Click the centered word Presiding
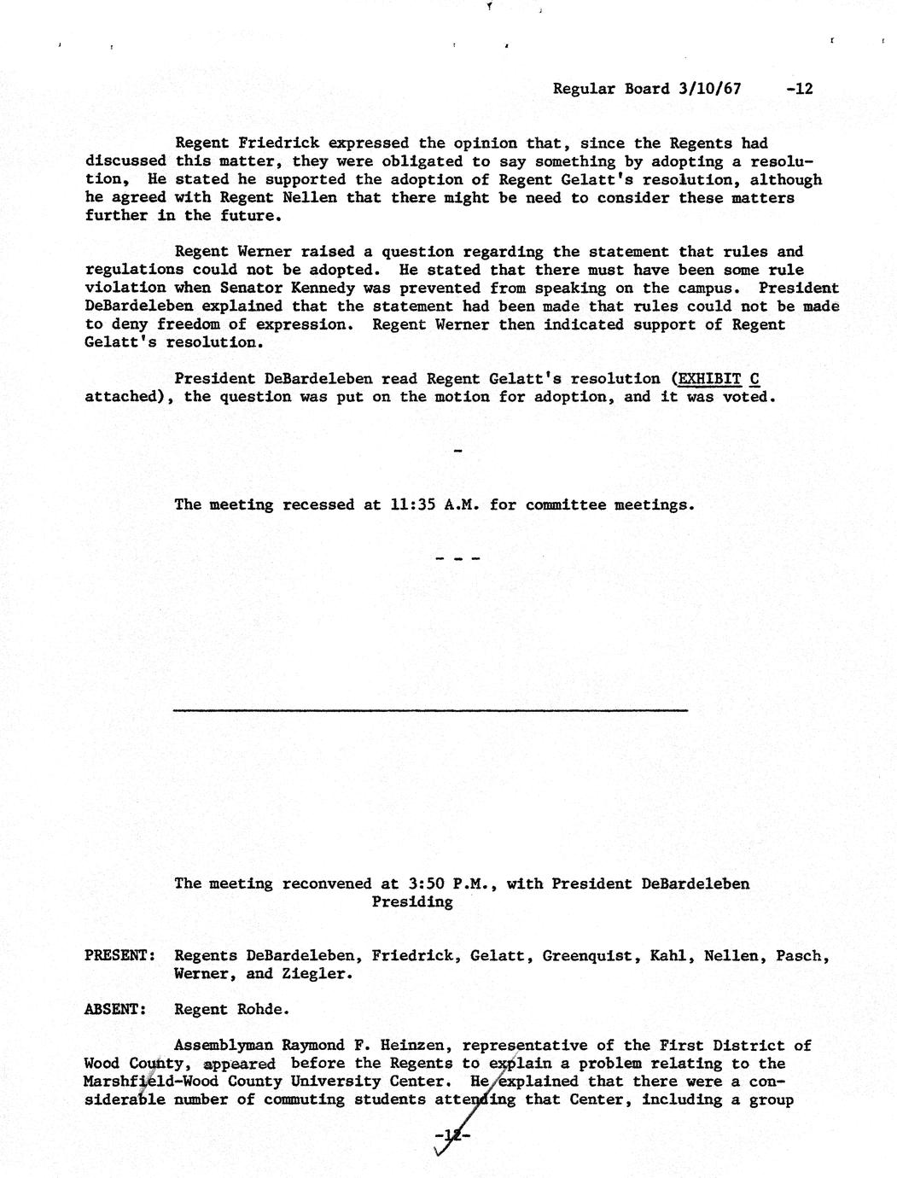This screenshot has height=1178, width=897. (412, 901)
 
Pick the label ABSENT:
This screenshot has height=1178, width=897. (115, 1010)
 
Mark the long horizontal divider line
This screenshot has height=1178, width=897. (430, 710)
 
